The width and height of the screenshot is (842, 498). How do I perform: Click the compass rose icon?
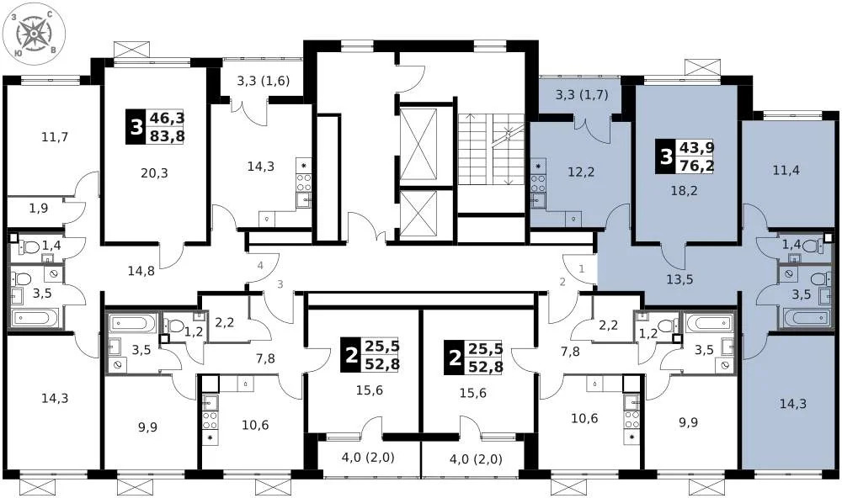[x=35, y=34]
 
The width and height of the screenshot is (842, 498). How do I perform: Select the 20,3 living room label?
[x=154, y=173]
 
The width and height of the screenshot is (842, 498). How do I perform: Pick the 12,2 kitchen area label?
[x=581, y=173]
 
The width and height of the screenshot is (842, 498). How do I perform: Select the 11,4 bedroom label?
[x=786, y=171]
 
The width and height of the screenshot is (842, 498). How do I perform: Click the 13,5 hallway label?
[x=679, y=279]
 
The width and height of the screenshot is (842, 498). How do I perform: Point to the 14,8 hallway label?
[x=141, y=271]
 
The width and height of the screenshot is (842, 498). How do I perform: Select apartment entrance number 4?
[x=260, y=267]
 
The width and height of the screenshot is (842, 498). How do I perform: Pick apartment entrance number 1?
[x=581, y=268]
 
